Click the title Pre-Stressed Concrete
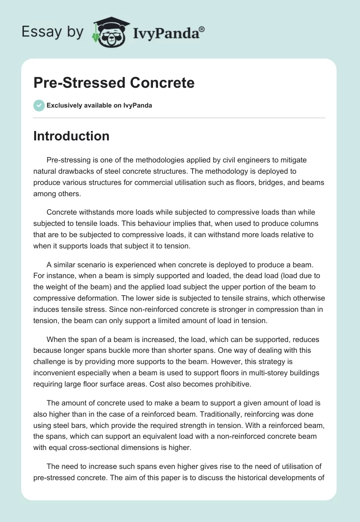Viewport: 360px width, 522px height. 114,83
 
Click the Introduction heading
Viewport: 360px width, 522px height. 72,136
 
